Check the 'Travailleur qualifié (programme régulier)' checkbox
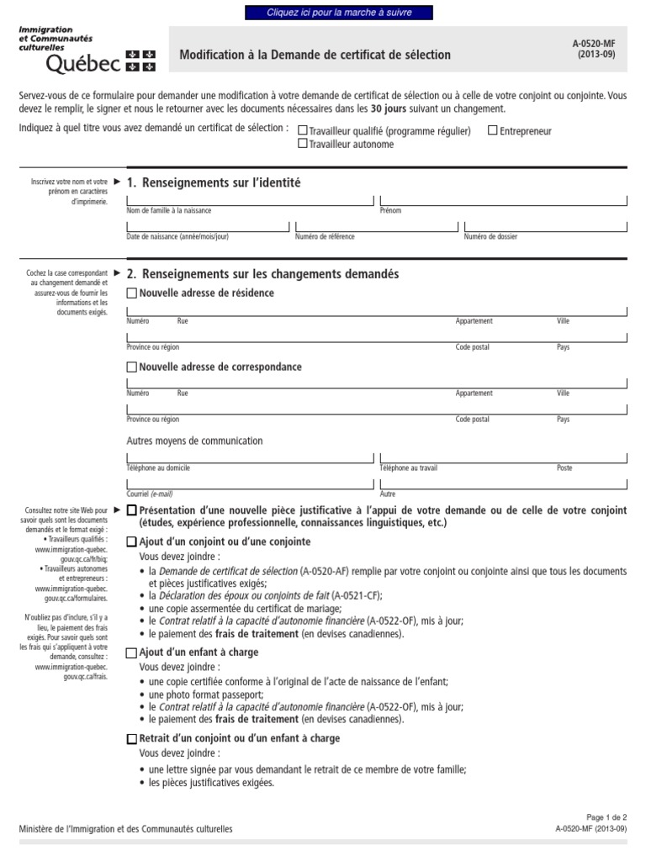[303, 131]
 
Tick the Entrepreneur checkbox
[493, 131]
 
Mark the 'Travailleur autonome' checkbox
[303, 144]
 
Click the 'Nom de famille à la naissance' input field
[249, 199]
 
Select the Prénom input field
[502, 199]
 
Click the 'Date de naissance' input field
[207, 226]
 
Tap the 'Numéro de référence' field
[375, 226]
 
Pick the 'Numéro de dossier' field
[544, 226]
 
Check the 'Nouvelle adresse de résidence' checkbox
[131, 293]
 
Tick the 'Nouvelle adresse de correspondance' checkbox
[131, 367]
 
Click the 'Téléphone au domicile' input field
[249, 458]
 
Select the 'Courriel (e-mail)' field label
[149, 494]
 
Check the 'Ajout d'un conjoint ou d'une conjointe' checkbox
[131, 542]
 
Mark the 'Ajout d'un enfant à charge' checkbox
[131, 653]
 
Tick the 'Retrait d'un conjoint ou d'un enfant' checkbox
[131, 739]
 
